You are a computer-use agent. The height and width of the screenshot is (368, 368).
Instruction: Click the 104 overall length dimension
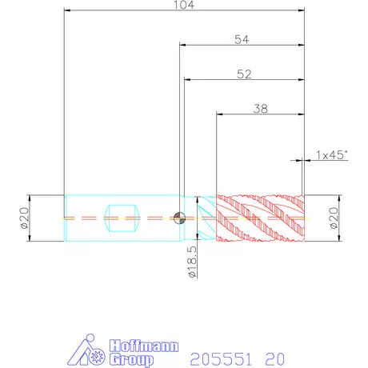[x=184, y=5]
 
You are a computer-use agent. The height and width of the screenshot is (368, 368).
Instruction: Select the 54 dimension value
[x=242, y=39]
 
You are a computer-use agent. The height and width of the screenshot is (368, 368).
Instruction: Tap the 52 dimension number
[x=244, y=74]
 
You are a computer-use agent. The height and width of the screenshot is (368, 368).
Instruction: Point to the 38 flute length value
[x=260, y=109]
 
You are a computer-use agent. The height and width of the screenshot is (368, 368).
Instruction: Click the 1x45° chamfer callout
[x=332, y=154]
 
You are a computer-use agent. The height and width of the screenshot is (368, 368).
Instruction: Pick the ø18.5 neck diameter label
[x=193, y=262]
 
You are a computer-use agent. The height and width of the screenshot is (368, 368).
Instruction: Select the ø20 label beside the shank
[x=24, y=218]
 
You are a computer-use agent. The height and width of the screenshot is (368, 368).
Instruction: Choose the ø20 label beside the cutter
[x=334, y=218]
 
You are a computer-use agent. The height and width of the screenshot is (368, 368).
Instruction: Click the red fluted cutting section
[x=260, y=218]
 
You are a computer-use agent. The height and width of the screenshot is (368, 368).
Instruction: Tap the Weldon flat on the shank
[x=122, y=218]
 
